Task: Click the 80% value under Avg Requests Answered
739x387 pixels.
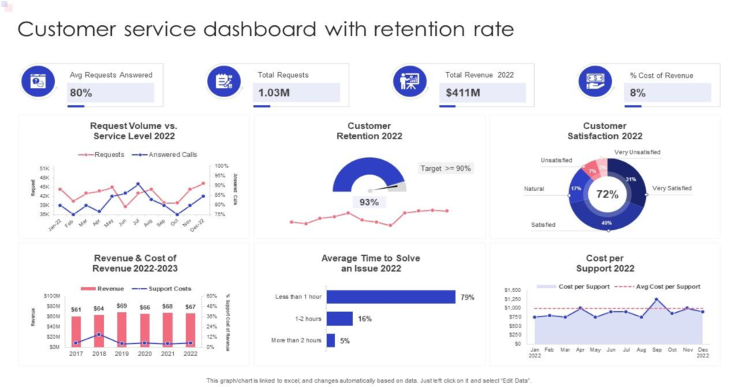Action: click(81, 92)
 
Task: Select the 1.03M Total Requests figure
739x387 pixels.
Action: click(274, 92)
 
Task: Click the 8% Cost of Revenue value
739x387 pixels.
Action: click(637, 92)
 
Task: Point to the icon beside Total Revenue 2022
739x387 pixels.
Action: click(409, 81)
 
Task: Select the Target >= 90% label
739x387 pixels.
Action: click(445, 169)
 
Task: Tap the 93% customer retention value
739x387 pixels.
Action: click(369, 203)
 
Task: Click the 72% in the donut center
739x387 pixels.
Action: click(607, 195)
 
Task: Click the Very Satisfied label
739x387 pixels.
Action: click(671, 188)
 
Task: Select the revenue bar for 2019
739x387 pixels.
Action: click(122, 329)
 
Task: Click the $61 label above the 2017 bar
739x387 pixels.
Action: click(76, 310)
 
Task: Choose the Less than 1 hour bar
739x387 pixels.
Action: click(390, 297)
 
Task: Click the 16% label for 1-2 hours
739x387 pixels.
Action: click(364, 319)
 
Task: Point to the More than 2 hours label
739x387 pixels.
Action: click(295, 340)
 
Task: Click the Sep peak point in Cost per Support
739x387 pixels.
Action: click(656, 299)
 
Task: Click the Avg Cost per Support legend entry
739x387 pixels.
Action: click(667, 287)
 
